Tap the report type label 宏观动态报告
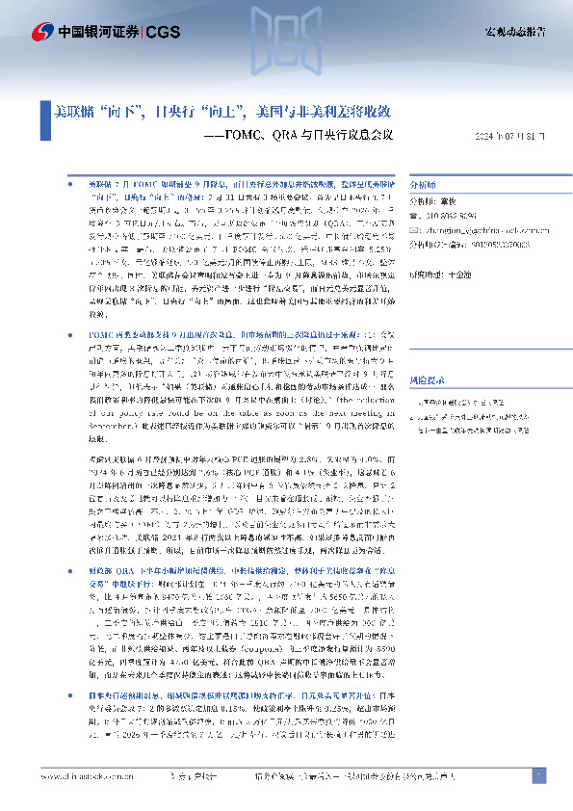(514, 33)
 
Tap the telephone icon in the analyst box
(414, 218)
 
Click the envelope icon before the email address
(414, 231)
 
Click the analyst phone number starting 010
(446, 218)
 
